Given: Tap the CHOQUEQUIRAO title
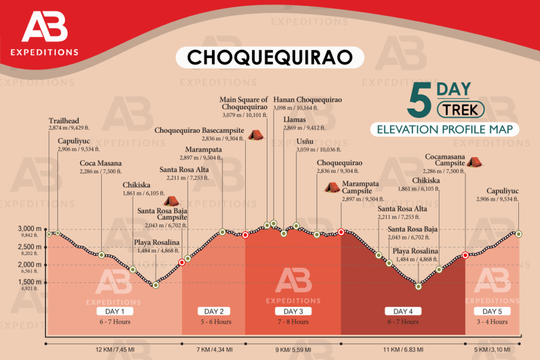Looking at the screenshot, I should click(x=269, y=57).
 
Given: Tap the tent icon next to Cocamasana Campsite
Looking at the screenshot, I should click(x=473, y=162).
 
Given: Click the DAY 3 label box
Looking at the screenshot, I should click(x=293, y=311).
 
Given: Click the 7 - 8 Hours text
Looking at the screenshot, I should click(x=293, y=322).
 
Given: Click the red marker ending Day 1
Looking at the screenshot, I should click(x=182, y=262).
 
